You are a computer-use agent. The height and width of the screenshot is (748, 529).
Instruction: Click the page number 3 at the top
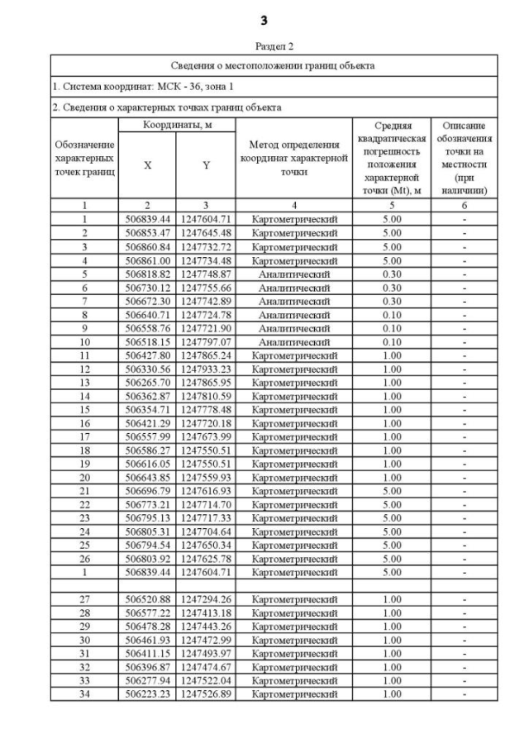point(264,20)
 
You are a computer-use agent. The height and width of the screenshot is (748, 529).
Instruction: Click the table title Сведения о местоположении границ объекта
point(274,65)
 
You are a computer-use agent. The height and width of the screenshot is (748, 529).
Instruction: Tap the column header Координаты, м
point(176,124)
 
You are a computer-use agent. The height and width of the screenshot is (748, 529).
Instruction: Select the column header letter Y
point(206,165)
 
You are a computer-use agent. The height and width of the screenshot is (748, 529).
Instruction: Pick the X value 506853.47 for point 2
point(147,233)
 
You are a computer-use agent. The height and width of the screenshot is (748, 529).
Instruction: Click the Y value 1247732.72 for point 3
point(206,246)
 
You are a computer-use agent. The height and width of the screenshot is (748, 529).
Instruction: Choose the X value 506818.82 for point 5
point(147,274)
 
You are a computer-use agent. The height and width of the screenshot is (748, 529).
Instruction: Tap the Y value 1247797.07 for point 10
point(206,341)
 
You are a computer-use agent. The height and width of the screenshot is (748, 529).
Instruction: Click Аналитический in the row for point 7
point(293,301)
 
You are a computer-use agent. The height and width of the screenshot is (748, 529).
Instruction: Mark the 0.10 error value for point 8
point(392,314)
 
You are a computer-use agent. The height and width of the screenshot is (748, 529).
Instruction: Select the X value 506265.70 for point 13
point(147,382)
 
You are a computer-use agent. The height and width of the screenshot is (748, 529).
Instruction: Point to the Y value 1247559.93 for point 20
point(206,477)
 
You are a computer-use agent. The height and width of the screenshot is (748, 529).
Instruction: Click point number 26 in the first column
point(83,558)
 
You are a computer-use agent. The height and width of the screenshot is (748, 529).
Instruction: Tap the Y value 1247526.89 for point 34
point(206,694)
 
